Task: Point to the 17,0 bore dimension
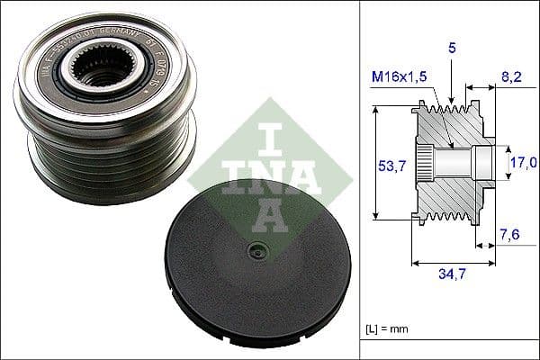(x=522, y=162)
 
